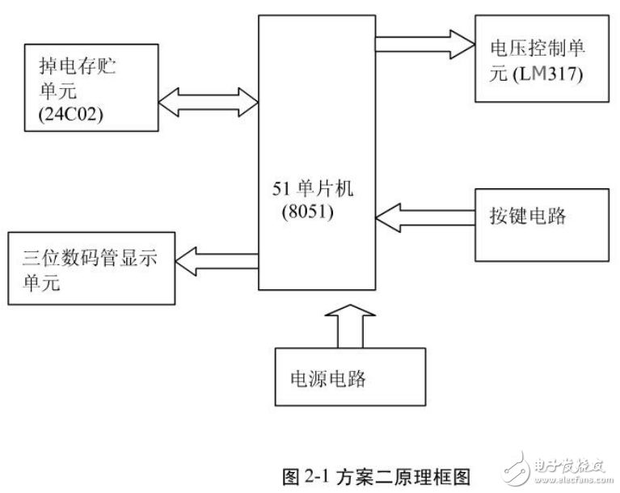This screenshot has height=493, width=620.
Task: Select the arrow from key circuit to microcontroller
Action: (424, 217)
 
